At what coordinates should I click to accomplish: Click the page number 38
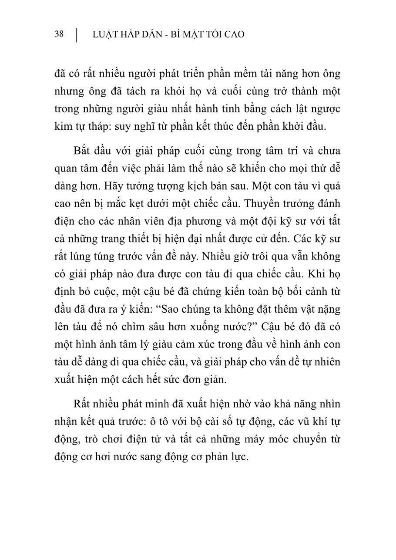click(59, 34)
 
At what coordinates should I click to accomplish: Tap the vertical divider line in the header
click(77, 35)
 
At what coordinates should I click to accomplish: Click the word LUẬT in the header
click(105, 34)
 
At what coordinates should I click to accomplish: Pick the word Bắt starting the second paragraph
click(83, 151)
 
